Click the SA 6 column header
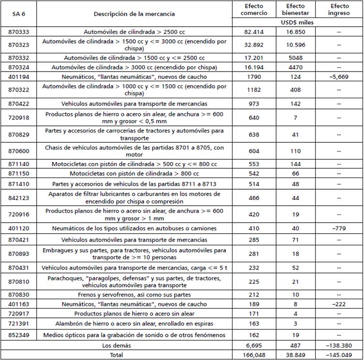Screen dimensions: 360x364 pyautogui.click(x=19, y=14)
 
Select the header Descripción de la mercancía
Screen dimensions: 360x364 pyautogui.click(x=134, y=14)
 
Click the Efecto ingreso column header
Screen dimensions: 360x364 pyautogui.click(x=339, y=10)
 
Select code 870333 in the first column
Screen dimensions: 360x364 pyautogui.click(x=19, y=31)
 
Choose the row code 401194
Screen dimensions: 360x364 pyautogui.click(x=19, y=77)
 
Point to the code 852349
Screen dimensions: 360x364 pyautogui.click(x=19, y=335)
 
